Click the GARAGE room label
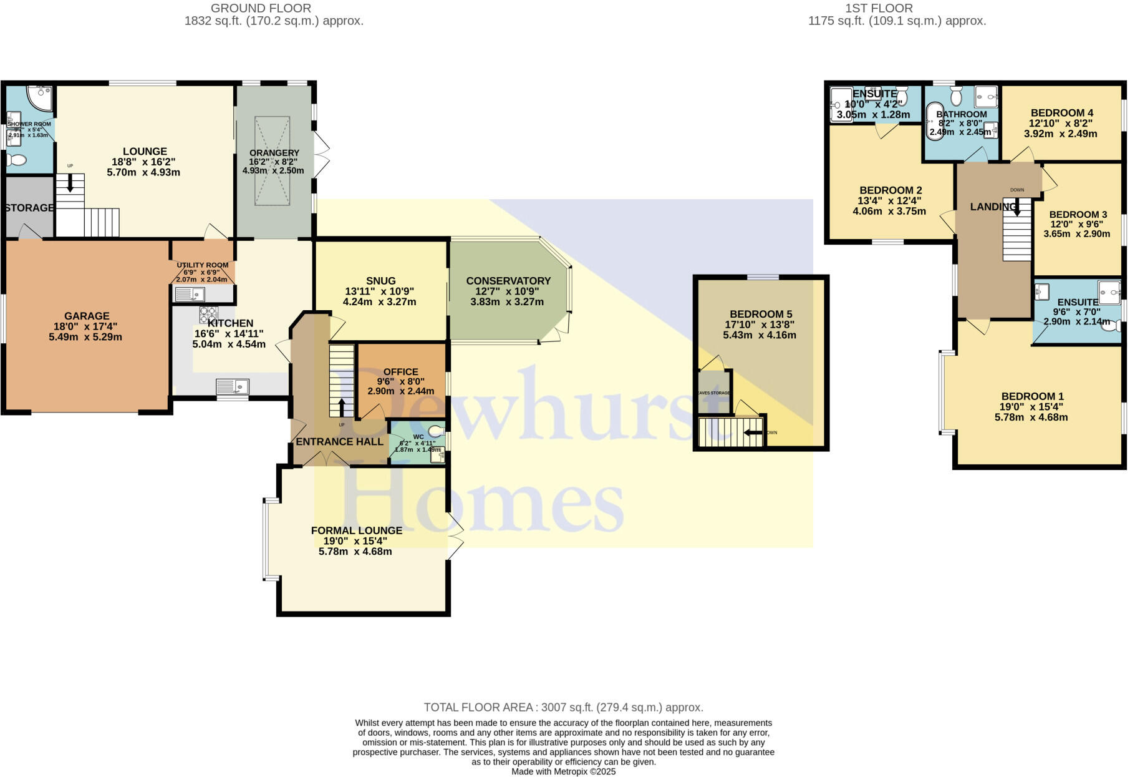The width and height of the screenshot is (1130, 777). click(87, 316)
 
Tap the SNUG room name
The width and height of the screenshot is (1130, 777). click(380, 281)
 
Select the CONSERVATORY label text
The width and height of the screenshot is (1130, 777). click(508, 281)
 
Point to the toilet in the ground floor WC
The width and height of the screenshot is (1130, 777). click(437, 431)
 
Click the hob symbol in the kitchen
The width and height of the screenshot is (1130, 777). click(208, 314)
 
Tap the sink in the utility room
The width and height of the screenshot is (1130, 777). click(190, 293)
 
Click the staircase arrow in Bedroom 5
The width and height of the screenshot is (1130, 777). click(753, 432)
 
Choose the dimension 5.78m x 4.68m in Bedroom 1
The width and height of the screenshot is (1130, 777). click(1031, 417)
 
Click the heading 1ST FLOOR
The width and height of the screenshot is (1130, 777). click(879, 8)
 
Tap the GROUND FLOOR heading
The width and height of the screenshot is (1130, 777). click(261, 8)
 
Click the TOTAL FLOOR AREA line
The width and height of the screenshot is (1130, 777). click(563, 707)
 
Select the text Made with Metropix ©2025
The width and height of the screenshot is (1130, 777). click(563, 771)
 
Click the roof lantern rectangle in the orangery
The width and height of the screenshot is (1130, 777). click(272, 160)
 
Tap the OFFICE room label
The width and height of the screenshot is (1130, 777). click(400, 371)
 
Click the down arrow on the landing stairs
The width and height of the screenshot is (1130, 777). click(1016, 207)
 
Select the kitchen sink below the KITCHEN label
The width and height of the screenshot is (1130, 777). click(232, 387)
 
